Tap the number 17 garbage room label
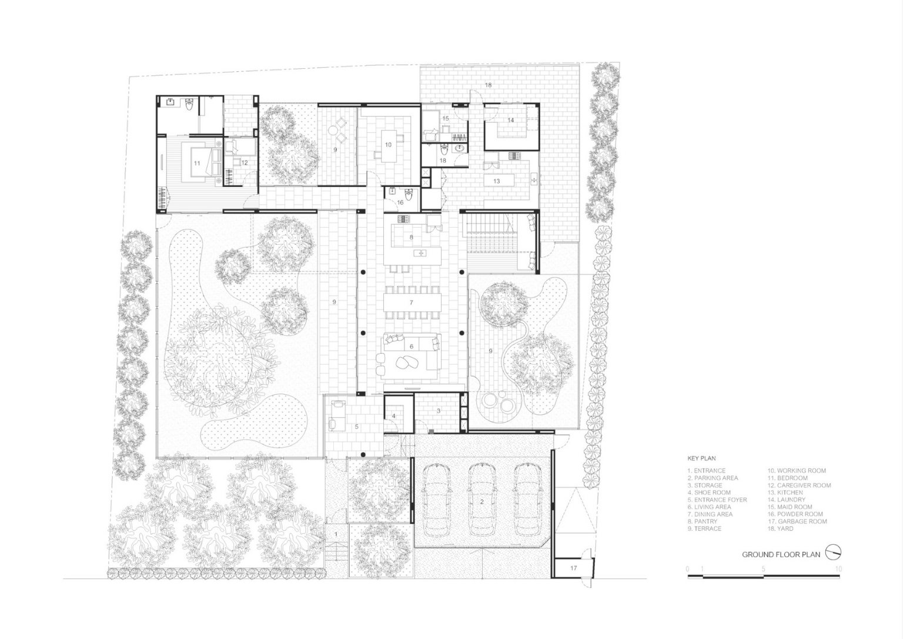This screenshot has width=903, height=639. pos(573,568)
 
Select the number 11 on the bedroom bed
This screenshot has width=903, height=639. pos(197,164)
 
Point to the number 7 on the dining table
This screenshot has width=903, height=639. pos(411,302)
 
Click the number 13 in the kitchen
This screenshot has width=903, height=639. pos(496,181)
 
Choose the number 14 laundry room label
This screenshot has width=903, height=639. pos(511,120)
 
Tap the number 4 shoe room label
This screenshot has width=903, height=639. pos(394,416)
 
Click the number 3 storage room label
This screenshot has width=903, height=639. pos(439,411)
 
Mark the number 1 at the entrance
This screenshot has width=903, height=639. pos(336,534)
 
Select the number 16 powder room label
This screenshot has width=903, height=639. pos(400,202)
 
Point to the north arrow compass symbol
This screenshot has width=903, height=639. pos(833,553)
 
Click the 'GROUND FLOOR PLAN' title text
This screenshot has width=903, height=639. pos(781,554)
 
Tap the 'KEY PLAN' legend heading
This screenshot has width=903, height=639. pos(701,458)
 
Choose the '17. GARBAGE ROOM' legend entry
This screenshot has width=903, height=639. pos(797,521)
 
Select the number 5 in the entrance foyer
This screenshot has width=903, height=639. pos(356,427)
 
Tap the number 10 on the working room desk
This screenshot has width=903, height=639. pos(388,144)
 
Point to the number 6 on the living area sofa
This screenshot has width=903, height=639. pos(411,346)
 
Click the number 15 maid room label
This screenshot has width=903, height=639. pos(446,118)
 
